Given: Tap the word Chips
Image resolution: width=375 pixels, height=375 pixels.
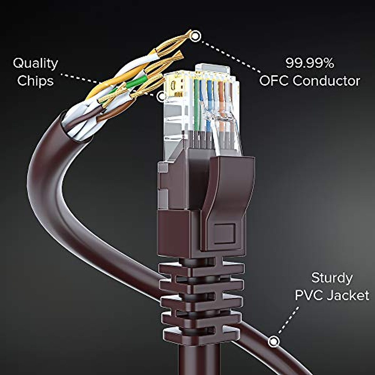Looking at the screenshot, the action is click(x=35, y=80).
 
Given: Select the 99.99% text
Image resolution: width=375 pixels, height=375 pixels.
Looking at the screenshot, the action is click(x=310, y=63).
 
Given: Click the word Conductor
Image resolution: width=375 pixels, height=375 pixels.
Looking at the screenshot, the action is click(x=326, y=81).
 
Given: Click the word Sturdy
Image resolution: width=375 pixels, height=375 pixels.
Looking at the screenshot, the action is click(x=332, y=278).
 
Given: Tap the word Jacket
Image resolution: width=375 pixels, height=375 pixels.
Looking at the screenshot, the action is click(x=349, y=295).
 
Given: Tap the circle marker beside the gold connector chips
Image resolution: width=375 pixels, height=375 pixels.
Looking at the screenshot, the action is click(x=161, y=97).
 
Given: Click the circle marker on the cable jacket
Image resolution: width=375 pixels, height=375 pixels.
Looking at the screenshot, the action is click(x=274, y=341).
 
